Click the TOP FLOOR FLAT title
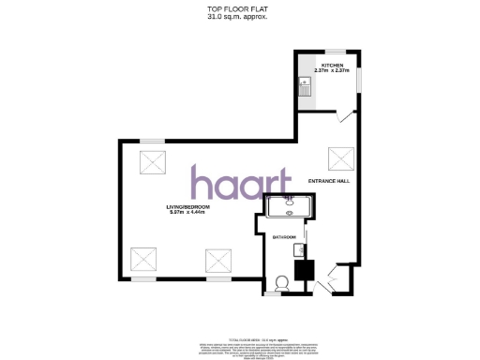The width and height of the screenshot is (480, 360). click(x=239, y=9)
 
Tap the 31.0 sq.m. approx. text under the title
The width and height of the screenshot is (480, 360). click(x=239, y=17)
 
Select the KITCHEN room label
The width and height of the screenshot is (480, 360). click(x=331, y=65)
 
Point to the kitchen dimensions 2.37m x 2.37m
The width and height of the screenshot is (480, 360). click(x=331, y=71)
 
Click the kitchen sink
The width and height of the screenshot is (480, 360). click(x=304, y=88)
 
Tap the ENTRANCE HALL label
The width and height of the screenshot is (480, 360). click(x=328, y=180)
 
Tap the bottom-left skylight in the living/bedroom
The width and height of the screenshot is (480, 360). click(x=143, y=258)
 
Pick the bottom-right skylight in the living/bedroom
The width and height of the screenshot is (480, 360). click(x=218, y=258)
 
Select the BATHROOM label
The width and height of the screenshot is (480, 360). click(x=284, y=237)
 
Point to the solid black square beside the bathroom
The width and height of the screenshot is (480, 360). click(x=303, y=270)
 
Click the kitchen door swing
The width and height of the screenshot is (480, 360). click(x=346, y=115)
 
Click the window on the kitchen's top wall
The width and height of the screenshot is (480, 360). click(x=334, y=51)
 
